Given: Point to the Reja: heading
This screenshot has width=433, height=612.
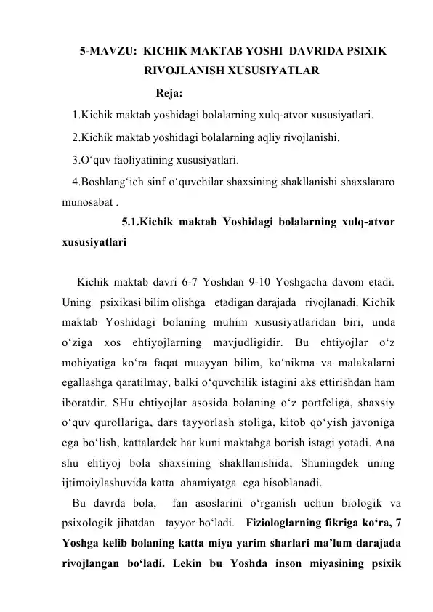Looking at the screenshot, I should [x=169, y=93].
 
